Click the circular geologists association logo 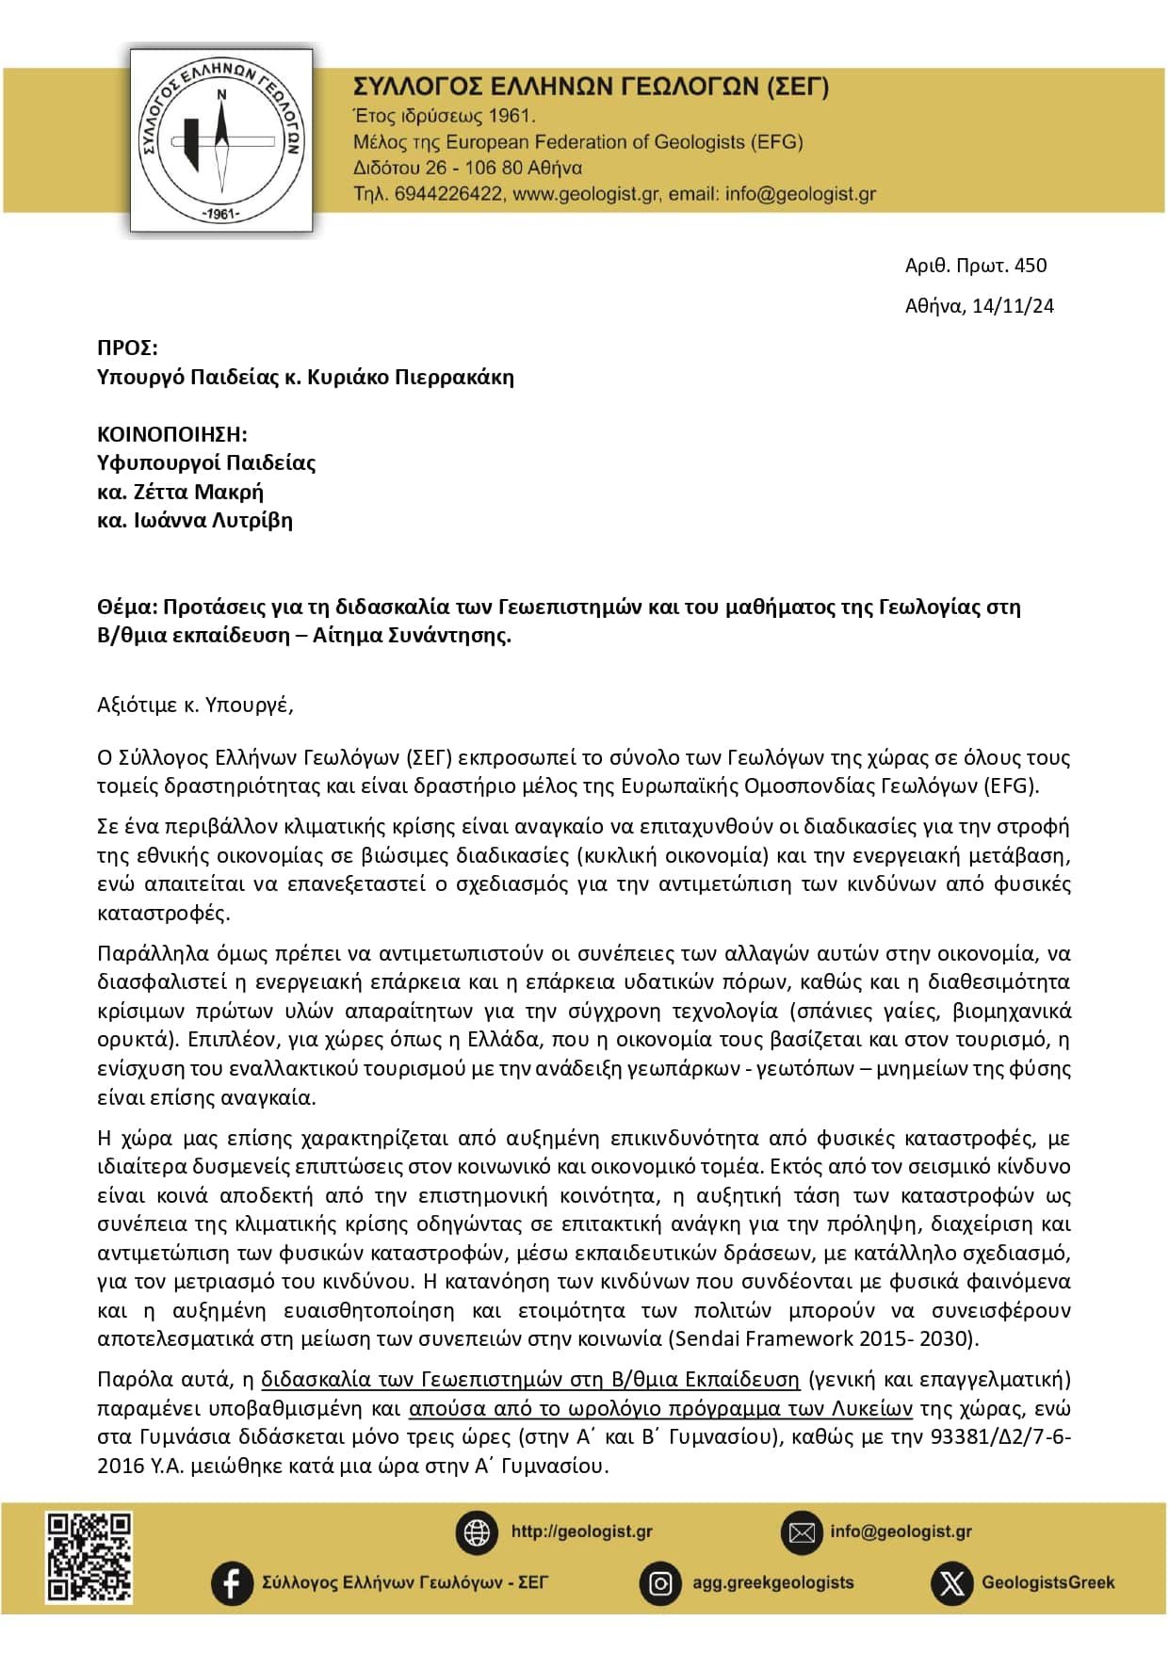coord(221,140)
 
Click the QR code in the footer coord(90,1557)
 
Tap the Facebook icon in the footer coord(232,1582)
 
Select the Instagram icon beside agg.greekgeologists coord(660,1583)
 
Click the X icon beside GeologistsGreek coord(951,1583)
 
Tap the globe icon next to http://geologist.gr coord(477,1532)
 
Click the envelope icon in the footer coord(802,1532)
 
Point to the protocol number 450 coord(1031,266)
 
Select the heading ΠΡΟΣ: coord(127,348)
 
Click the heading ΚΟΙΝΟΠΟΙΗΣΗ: coord(171,434)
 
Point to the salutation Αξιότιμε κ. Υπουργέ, coord(195,705)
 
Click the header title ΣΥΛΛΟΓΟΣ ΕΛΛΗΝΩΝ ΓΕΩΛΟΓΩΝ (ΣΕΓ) coord(591,87)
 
